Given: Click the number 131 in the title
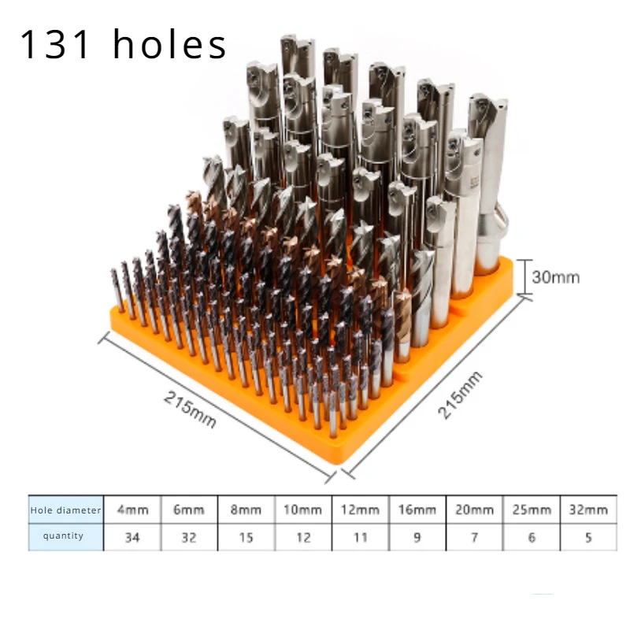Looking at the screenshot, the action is tap(54, 44).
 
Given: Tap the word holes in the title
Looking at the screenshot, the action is tap(170, 44).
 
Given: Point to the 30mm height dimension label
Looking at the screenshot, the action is tap(556, 277).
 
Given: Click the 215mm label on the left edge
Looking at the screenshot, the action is tap(190, 409).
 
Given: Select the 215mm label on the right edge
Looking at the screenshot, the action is tap(460, 395).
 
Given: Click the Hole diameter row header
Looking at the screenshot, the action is tap(65, 510).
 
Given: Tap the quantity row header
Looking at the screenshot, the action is tap(63, 535).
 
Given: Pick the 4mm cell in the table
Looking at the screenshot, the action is tap(132, 510).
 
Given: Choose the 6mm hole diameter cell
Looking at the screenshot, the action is tap(189, 510).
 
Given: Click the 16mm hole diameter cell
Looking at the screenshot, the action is tap(417, 510).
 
